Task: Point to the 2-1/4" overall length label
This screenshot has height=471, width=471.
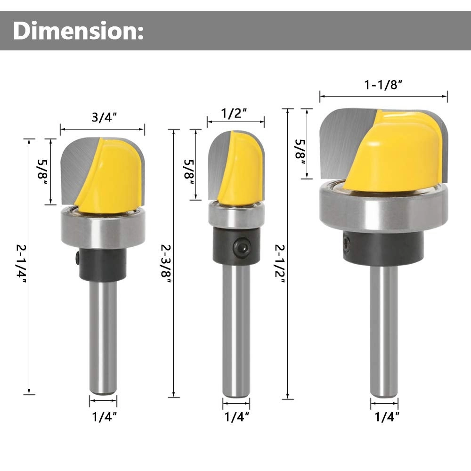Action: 21,266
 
